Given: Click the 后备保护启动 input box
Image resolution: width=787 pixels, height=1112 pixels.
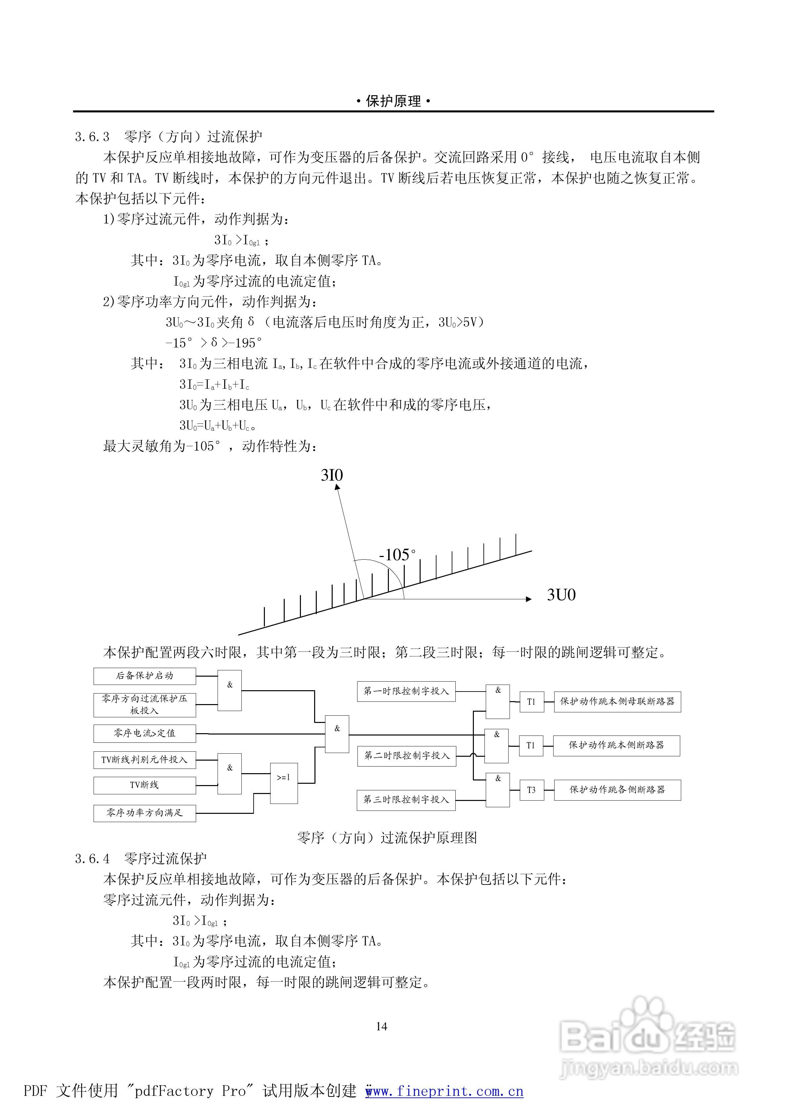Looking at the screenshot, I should [x=145, y=676].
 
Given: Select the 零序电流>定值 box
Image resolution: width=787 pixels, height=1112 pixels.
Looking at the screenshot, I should [x=145, y=734].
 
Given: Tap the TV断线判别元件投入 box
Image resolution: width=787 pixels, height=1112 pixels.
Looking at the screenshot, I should [x=145, y=760].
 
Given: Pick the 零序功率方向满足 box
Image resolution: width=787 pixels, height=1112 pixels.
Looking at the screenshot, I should [x=145, y=813].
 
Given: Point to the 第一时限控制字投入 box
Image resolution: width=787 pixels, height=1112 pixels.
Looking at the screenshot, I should [x=406, y=691].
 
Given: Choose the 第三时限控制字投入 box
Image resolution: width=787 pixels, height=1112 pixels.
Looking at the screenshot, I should [x=406, y=800].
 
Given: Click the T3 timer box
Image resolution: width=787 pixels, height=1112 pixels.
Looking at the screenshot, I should [x=531, y=790].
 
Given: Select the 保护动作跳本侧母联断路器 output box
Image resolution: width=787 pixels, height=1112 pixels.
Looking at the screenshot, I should [x=617, y=701].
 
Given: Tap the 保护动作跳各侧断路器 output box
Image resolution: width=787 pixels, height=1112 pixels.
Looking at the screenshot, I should [x=617, y=790].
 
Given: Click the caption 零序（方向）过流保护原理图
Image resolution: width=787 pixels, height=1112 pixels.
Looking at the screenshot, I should [x=387, y=838].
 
